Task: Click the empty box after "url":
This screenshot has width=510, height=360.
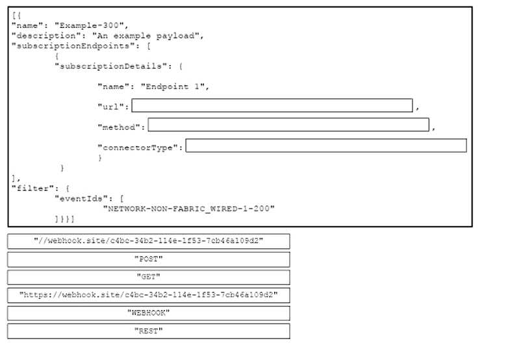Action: click(272, 105)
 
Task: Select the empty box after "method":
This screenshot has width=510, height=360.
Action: click(288, 125)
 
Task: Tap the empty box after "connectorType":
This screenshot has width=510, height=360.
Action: click(326, 146)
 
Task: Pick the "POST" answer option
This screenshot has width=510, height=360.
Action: click(149, 259)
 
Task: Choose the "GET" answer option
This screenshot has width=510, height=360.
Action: click(149, 277)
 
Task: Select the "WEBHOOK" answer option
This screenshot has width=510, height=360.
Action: click(149, 313)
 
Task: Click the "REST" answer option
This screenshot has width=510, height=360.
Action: click(149, 331)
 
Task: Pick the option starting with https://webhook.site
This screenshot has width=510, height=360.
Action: click(149, 295)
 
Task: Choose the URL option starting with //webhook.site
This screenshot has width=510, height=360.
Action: click(149, 241)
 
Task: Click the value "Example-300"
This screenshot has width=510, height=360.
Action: click(89, 25)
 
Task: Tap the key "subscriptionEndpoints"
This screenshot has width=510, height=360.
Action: click(73, 46)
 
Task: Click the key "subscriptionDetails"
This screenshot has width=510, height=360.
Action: click(110, 66)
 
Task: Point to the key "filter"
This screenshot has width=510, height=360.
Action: click(32, 188)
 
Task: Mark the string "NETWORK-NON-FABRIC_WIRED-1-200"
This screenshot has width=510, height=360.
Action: click(189, 209)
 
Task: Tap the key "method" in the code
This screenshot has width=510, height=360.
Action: click(119, 127)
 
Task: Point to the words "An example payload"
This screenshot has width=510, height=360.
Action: click(146, 36)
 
